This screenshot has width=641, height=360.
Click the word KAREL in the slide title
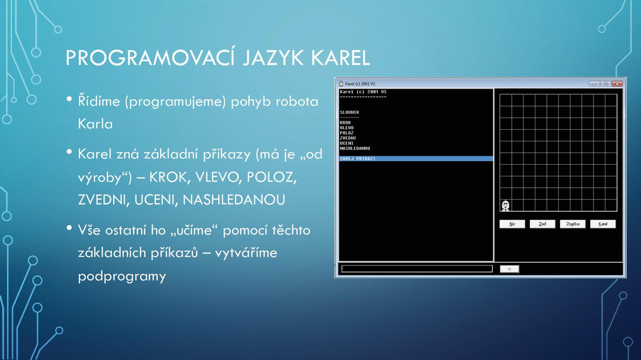341,58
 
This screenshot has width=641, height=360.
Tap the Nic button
512,224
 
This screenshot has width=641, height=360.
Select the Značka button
572,224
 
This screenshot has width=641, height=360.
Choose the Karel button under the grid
603,224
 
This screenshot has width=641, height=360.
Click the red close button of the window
617,84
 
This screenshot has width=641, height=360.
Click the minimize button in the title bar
594,84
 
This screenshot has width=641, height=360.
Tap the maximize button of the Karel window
606,84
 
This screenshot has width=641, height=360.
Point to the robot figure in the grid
506,205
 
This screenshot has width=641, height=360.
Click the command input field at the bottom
417,269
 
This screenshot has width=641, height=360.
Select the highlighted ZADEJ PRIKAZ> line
416,159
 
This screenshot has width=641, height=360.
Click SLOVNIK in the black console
350,112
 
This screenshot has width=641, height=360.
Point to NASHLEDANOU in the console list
355,148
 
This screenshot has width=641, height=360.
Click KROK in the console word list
346,123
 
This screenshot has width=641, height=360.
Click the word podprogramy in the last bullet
122,277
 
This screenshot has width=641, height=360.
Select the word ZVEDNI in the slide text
102,200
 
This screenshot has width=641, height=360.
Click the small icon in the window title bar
341,84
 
